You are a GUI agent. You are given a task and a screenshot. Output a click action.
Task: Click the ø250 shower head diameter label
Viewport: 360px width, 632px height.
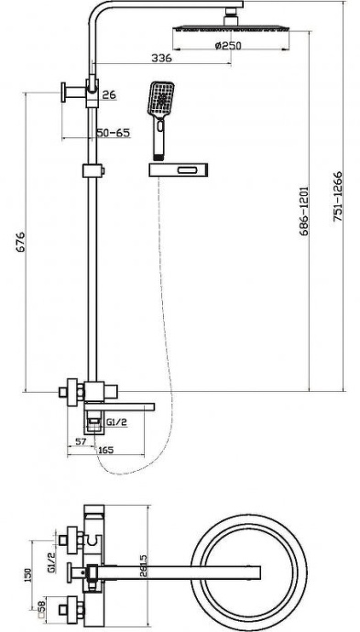click(x=229, y=47)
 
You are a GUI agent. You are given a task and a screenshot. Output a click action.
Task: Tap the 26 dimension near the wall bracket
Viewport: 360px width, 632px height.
click(x=110, y=94)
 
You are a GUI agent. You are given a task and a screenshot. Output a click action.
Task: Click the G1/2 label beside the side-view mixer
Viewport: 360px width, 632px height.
click(x=116, y=423)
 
